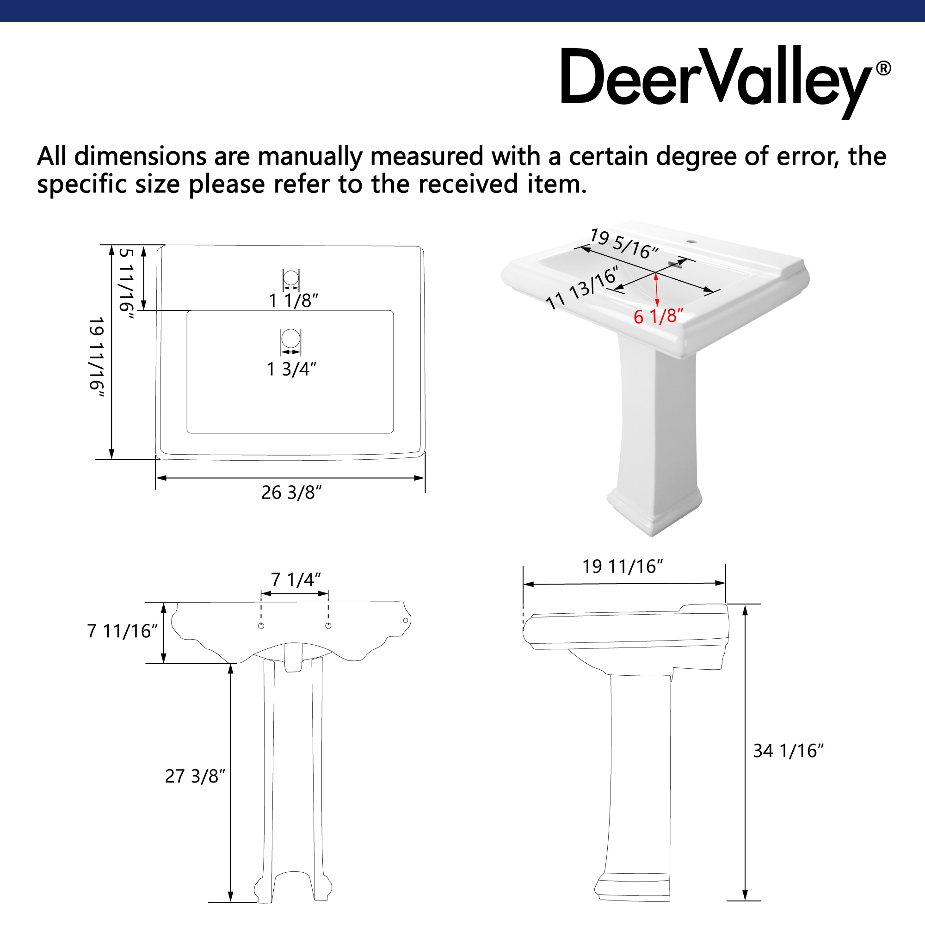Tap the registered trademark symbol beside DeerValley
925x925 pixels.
click(883, 68)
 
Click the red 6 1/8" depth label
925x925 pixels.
click(658, 316)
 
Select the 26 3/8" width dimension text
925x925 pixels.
click(291, 493)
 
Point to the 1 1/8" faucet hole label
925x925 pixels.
click(293, 301)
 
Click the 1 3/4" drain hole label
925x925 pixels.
click(291, 369)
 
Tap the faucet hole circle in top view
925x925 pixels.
click(290, 277)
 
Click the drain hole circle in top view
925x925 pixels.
click(290, 338)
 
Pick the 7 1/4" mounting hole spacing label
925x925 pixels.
click(296, 580)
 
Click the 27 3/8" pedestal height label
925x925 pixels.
click(195, 777)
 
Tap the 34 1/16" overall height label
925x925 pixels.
click(788, 751)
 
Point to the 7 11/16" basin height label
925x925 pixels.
click(122, 631)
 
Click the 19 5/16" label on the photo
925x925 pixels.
click(624, 244)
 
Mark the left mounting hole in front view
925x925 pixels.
click(261, 626)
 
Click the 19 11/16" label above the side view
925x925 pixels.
click(623, 567)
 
